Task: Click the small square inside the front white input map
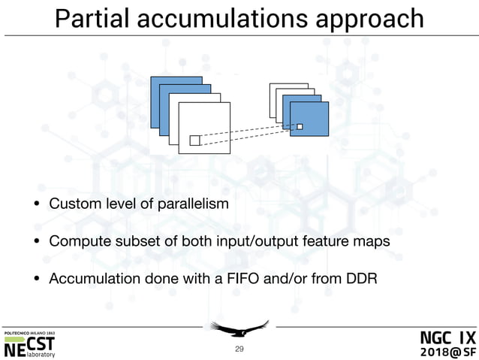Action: (x=194, y=141)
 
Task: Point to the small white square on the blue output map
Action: (x=300, y=126)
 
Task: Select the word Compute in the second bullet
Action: (x=76, y=241)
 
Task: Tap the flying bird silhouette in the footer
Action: (x=239, y=329)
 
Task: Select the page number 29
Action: (x=239, y=349)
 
